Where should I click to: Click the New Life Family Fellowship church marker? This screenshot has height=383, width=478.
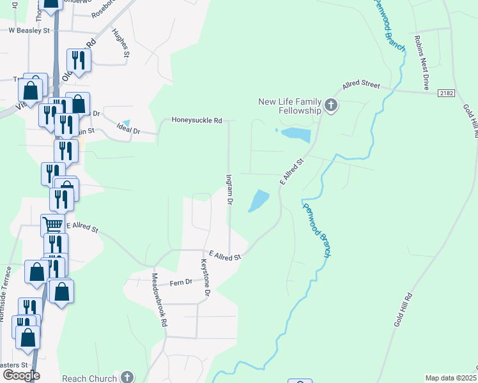tap(330, 105)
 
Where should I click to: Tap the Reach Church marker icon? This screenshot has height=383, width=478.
tap(127, 377)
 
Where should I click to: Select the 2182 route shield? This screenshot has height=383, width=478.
tap(447, 93)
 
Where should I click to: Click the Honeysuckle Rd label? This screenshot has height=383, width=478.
tap(196, 120)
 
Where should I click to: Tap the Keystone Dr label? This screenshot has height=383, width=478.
tap(205, 276)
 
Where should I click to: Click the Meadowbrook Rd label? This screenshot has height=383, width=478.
tap(158, 300)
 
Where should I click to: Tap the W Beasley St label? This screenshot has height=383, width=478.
tap(29, 30)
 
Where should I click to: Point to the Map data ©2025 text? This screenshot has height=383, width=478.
tap(450, 378)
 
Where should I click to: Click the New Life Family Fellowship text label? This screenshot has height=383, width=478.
tap(289, 106)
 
